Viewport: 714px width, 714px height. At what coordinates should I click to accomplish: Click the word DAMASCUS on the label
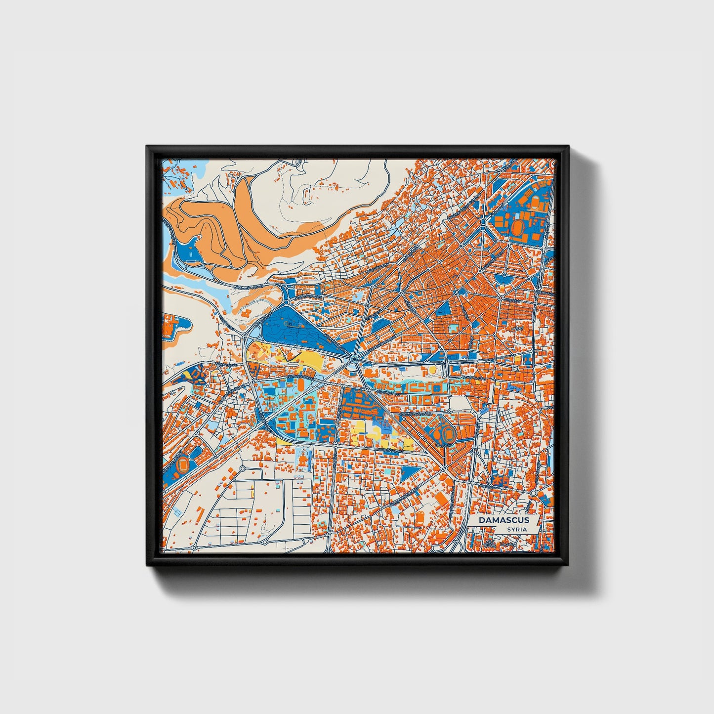tap(504, 520)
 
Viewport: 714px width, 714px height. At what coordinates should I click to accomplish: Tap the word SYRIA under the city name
tap(516, 529)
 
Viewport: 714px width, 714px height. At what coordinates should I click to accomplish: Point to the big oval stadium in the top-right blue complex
tap(518, 228)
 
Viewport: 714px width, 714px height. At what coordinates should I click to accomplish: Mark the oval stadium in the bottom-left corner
tap(183, 464)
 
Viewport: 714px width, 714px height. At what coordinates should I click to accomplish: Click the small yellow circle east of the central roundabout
tap(432, 369)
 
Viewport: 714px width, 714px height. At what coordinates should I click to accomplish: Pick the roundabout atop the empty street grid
tap(243, 467)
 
